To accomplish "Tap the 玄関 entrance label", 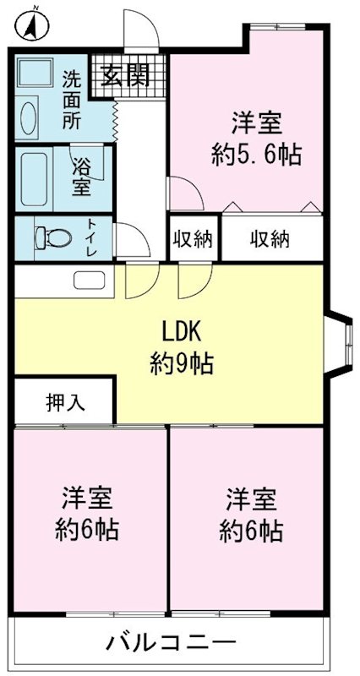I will (x=127, y=76).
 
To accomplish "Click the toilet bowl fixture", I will (x=52, y=237).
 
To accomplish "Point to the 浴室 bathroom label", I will (x=81, y=174).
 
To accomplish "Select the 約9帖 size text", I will (x=182, y=365).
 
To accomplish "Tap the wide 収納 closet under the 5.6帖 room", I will (x=270, y=239).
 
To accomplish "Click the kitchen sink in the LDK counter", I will (x=88, y=281).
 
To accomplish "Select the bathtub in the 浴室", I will (x=37, y=179).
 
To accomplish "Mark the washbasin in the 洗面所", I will (x=27, y=117).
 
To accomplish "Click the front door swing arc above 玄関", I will (x=139, y=34).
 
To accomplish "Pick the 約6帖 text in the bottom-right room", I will (x=250, y=532).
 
